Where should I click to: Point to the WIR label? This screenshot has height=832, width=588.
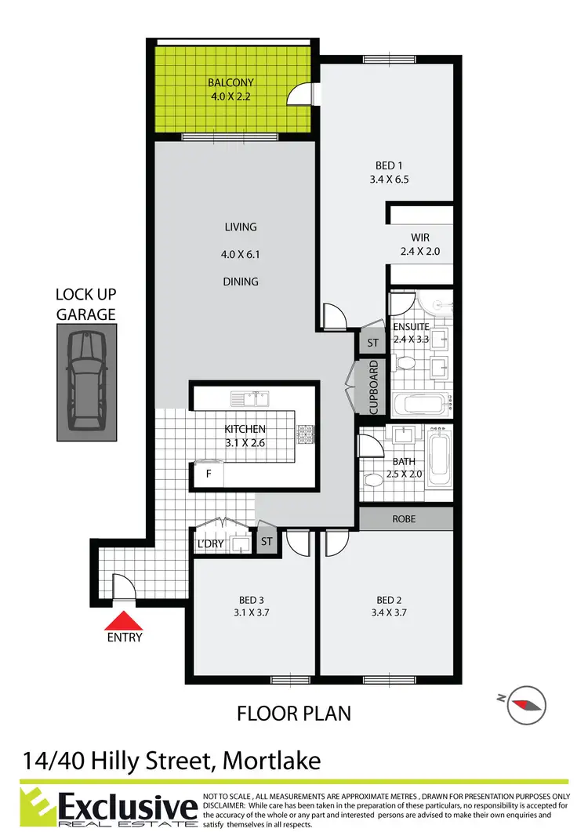click(420, 238)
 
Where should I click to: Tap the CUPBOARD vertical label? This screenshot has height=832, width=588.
click(374, 387)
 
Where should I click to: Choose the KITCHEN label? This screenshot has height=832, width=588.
click(245, 429)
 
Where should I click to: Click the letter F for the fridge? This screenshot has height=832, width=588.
click(209, 474)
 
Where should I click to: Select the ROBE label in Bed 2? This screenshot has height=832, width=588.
click(405, 519)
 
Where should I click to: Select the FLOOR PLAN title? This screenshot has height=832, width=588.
click(294, 714)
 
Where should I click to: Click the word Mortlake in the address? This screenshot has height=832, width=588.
click(274, 761)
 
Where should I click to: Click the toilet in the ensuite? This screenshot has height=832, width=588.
click(405, 365)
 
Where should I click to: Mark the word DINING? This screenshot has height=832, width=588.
click(240, 282)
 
